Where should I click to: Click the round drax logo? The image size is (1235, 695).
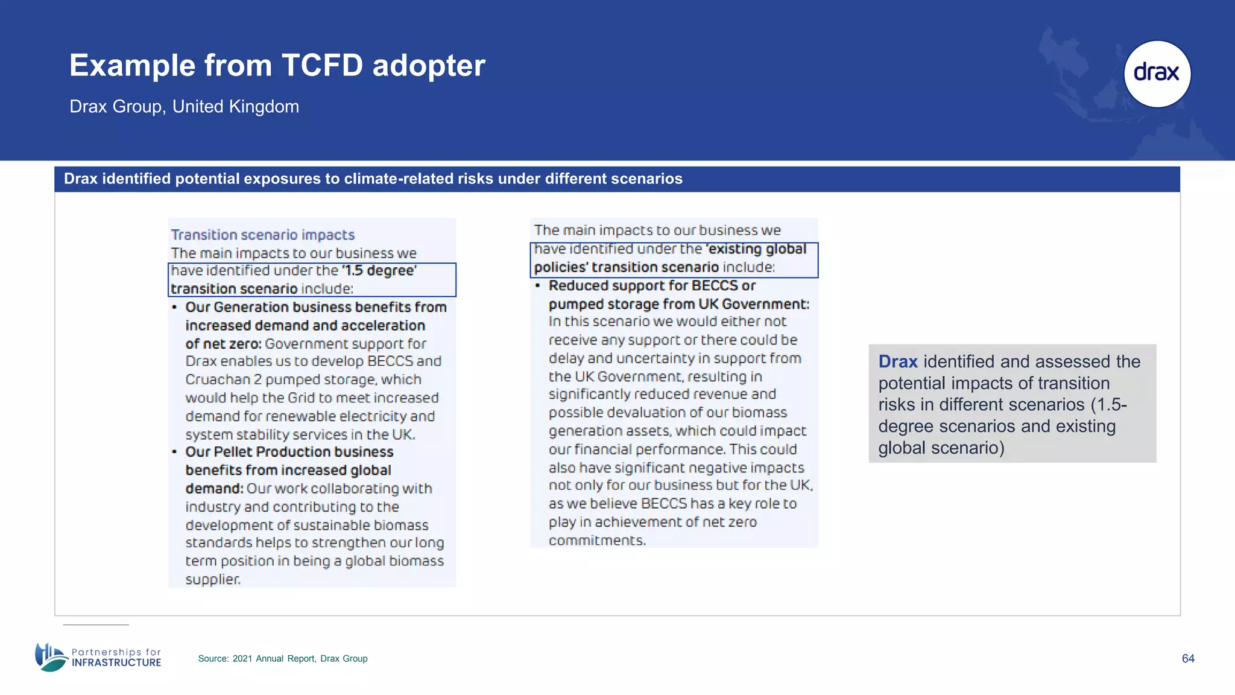click(x=1157, y=74)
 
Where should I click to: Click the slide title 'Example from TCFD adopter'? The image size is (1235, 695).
click(x=277, y=65)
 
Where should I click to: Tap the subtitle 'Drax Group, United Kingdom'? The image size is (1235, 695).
click(x=184, y=107)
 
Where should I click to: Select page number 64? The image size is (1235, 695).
click(x=1188, y=658)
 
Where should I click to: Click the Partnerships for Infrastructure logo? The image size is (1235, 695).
click(x=98, y=657)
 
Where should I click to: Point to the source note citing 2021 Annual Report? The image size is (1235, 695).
click(x=282, y=658)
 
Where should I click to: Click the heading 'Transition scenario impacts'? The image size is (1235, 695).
click(x=262, y=235)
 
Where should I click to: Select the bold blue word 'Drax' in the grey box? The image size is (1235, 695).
click(x=897, y=361)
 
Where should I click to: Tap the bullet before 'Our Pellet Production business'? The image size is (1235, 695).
click(x=174, y=452)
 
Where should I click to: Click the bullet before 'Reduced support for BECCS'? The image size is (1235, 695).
click(x=537, y=285)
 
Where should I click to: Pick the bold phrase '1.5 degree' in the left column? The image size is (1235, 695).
click(x=379, y=270)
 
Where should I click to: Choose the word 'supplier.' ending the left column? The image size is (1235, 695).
click(x=213, y=579)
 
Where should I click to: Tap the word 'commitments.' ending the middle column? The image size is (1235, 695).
click(x=597, y=540)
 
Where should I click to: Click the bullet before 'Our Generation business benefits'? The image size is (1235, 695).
click(x=174, y=307)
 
